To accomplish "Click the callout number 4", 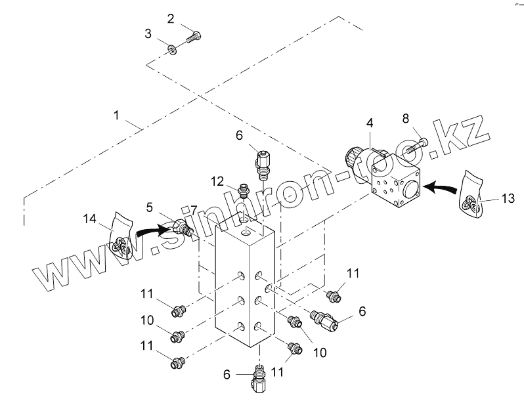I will coord(370,123).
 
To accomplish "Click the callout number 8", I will coord(405,119).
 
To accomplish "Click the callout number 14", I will coord(89,217).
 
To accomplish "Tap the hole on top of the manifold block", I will coord(246,233).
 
